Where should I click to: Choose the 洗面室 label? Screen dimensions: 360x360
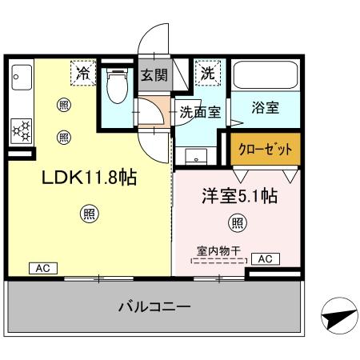(200, 112)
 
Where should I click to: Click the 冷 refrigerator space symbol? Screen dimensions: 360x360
(84, 73)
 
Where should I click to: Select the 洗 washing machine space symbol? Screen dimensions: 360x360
(207, 73)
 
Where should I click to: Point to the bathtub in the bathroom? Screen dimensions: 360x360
(266, 78)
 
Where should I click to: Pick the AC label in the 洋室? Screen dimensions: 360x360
(265, 258)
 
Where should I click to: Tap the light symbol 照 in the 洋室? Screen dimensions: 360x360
(237, 222)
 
